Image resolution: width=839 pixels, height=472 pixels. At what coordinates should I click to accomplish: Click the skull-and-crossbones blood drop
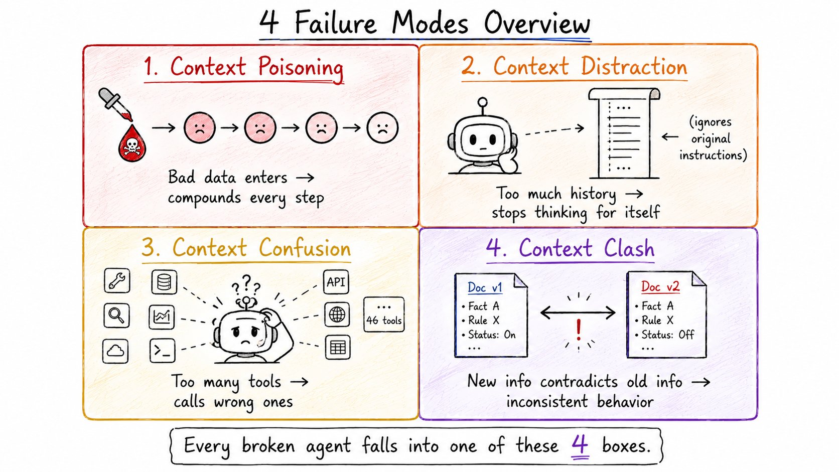pos(132,143)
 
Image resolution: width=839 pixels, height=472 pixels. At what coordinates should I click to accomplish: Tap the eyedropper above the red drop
pos(114,104)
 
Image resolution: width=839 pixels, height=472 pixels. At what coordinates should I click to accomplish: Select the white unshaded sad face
pos(382,127)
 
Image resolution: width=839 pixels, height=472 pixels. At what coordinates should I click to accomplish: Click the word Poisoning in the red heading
pos(301,68)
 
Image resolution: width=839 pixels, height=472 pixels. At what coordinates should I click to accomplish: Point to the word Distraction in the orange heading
pos(634,67)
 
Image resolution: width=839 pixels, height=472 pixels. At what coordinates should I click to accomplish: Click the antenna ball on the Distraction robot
pos(483,102)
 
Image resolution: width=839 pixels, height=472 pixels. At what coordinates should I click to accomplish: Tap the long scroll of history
pos(624,133)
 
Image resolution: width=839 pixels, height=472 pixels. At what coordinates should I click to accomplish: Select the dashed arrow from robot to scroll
pos(554,130)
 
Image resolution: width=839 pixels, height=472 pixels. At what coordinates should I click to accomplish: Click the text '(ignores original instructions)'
pos(713,138)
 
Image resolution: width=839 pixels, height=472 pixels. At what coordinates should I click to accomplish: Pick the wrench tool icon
pos(117,281)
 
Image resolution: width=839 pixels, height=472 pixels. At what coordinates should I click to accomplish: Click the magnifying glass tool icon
pos(116,316)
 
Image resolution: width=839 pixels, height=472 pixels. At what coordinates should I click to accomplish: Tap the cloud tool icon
pos(115,351)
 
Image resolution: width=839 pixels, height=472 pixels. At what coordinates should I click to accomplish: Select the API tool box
pos(336,282)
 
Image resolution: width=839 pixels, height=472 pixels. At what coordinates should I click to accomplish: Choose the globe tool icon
pos(337,315)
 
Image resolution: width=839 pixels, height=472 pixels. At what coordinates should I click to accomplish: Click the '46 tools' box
pos(384,314)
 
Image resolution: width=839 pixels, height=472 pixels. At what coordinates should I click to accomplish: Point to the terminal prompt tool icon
pos(162,351)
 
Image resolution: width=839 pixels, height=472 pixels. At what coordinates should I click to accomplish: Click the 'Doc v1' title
pos(485,287)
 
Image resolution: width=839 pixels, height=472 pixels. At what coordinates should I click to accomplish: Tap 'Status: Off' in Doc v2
pos(668,334)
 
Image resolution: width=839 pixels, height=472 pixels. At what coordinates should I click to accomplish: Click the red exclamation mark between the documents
pos(579,330)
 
